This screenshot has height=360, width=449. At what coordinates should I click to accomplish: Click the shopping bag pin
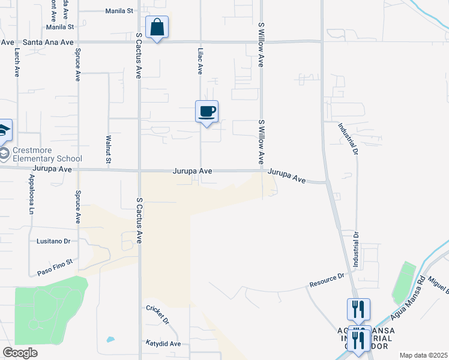coord(157,28)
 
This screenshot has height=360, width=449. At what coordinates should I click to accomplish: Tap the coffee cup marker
coord(206,112)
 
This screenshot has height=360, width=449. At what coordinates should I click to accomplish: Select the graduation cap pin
coord(4,130)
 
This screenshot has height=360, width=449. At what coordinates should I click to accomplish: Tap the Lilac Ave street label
coord(200,62)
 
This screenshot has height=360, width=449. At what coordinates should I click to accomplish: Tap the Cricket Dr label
coord(158,313)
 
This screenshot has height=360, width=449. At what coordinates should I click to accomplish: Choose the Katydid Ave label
coord(163,344)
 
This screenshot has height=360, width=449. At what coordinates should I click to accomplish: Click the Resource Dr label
coord(327,280)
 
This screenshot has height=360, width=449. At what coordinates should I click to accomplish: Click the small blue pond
coord(110,340)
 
